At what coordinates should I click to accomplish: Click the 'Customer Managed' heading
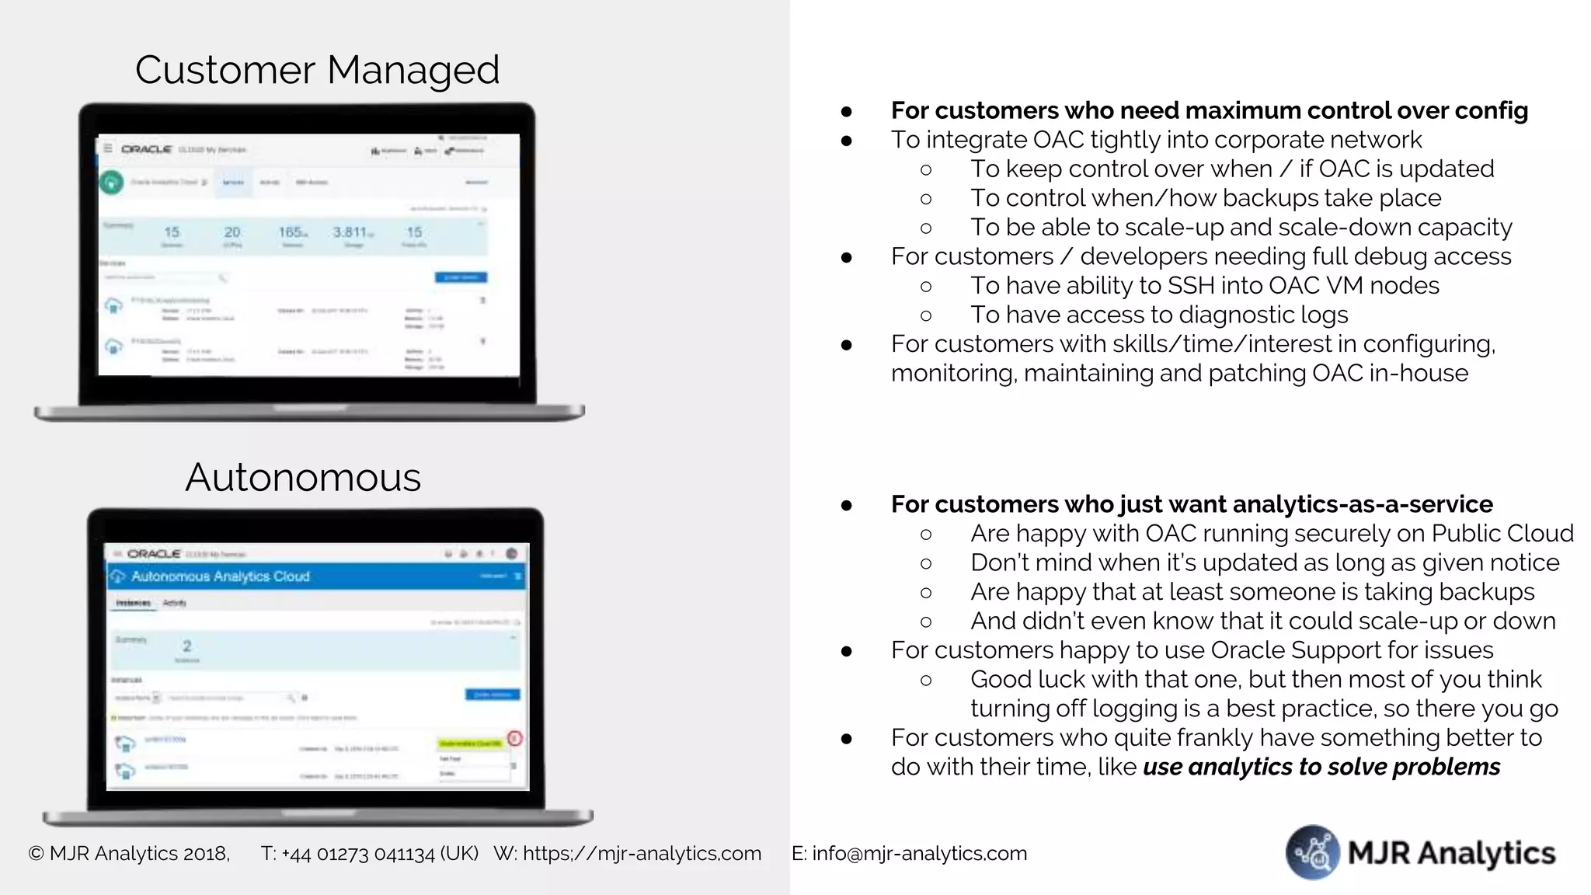pos(317,70)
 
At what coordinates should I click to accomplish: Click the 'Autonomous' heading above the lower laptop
pos(303,477)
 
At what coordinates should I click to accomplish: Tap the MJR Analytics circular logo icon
pos(1313,852)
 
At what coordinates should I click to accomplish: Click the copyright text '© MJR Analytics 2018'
pos(129,853)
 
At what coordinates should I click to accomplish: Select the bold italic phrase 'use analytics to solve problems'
pos(1321,767)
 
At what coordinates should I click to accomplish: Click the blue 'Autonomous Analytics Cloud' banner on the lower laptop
pos(315,576)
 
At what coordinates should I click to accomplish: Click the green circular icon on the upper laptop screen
pos(111,183)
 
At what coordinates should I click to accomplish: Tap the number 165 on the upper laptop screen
pos(291,232)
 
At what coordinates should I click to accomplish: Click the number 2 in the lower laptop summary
pos(186,646)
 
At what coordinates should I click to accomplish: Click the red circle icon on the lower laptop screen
pos(514,738)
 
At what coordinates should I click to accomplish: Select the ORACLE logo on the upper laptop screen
pos(146,149)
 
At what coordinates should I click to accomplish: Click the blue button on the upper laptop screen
pos(461,277)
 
